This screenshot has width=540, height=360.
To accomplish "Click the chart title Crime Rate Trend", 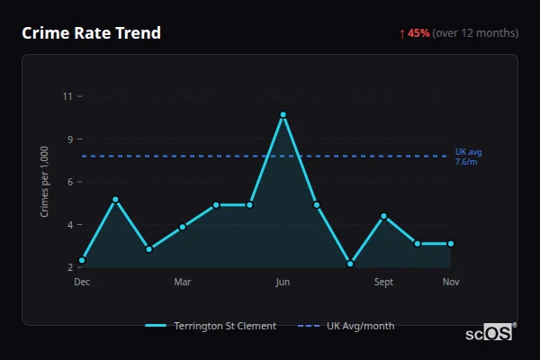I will (x=91, y=33).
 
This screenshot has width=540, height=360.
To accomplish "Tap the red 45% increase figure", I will (x=418, y=33).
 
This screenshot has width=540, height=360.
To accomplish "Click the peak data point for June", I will (x=283, y=115).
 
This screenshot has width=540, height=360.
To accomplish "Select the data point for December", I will (x=82, y=260).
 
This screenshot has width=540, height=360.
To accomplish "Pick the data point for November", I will (x=451, y=243).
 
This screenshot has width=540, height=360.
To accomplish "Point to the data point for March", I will (x=183, y=227).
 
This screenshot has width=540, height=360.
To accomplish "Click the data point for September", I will (x=383, y=216).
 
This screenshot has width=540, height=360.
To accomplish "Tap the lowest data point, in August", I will (x=350, y=264).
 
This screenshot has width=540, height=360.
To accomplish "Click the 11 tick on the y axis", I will (x=67, y=95).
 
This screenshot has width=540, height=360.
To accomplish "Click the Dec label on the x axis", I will (x=82, y=282).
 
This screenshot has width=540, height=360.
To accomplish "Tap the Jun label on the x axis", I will (x=283, y=282).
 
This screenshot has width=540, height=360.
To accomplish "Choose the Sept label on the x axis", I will (x=383, y=282).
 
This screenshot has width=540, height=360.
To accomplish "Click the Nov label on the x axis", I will (x=451, y=282).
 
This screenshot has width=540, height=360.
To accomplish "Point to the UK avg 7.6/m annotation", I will (x=469, y=156).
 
